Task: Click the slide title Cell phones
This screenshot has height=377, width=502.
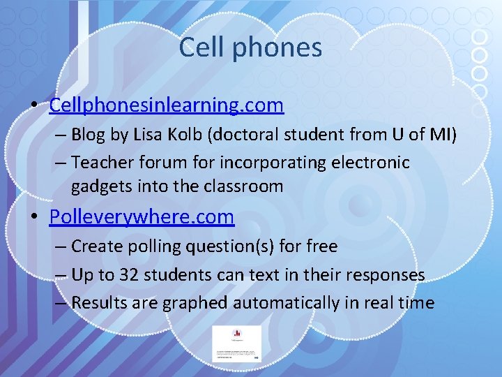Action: [x=250, y=47]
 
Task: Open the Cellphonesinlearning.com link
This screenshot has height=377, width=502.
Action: [x=167, y=105]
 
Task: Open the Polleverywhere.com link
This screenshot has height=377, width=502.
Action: [x=142, y=217]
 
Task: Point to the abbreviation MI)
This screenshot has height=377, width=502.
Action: [x=443, y=133]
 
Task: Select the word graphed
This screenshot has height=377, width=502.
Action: [x=195, y=303]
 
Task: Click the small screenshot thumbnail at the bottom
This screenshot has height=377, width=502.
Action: [x=237, y=343]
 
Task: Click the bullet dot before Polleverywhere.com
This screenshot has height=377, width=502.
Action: [x=34, y=218]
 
